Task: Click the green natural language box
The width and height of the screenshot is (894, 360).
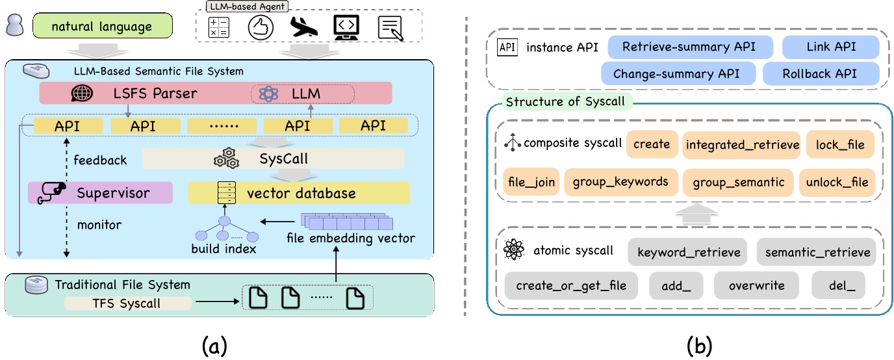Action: point(102,27)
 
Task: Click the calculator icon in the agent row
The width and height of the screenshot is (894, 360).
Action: point(218,27)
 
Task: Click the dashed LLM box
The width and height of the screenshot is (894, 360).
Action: point(303,94)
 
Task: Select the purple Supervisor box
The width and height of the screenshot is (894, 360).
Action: point(100,192)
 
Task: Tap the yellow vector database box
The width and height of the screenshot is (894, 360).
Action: point(299,192)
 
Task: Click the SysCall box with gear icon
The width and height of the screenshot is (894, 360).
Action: point(273,159)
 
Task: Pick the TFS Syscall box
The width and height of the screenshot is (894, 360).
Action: point(127,302)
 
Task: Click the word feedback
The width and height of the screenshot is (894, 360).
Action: point(100,160)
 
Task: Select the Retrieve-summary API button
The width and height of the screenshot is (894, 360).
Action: point(691,47)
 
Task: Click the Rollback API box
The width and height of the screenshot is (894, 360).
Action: point(821,73)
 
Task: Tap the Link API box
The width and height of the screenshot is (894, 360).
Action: point(830,47)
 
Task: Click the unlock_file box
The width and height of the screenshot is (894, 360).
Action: point(836,183)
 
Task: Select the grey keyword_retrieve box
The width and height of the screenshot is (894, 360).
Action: point(688,253)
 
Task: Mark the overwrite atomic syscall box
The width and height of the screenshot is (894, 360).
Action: point(756,285)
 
